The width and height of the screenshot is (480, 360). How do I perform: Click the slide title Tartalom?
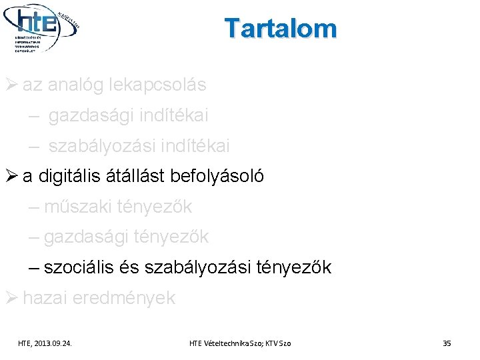pyautogui.click(x=281, y=29)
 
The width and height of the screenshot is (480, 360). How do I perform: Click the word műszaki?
pyautogui.click(x=78, y=207)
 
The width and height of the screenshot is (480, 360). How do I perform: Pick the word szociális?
pyautogui.click(x=81, y=268)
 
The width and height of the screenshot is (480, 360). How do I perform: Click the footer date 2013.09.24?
pyautogui.click(x=55, y=343)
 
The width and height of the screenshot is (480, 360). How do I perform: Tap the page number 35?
pyautogui.click(x=447, y=343)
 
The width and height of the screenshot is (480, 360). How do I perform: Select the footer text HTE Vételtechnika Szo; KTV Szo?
pyautogui.click(x=240, y=343)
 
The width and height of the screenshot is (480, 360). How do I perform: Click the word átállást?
pyautogui.click(x=139, y=177)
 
